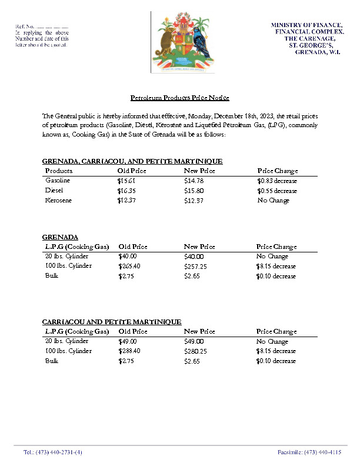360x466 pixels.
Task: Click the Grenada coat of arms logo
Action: [x=182, y=43]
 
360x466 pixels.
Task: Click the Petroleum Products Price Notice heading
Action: [x=179, y=98]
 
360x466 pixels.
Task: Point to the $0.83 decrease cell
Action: [x=276, y=181]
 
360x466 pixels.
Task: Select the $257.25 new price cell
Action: [x=195, y=266]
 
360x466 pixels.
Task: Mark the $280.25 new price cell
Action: [x=195, y=351]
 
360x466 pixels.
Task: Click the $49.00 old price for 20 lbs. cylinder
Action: [x=127, y=341]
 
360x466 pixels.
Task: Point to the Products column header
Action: [x=59, y=171]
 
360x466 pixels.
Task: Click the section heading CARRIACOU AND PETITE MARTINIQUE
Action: [x=112, y=322]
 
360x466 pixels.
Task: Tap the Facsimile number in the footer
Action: [x=309, y=452]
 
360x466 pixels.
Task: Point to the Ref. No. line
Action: [x=41, y=26]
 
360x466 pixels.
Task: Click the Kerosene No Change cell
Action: [x=274, y=201]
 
